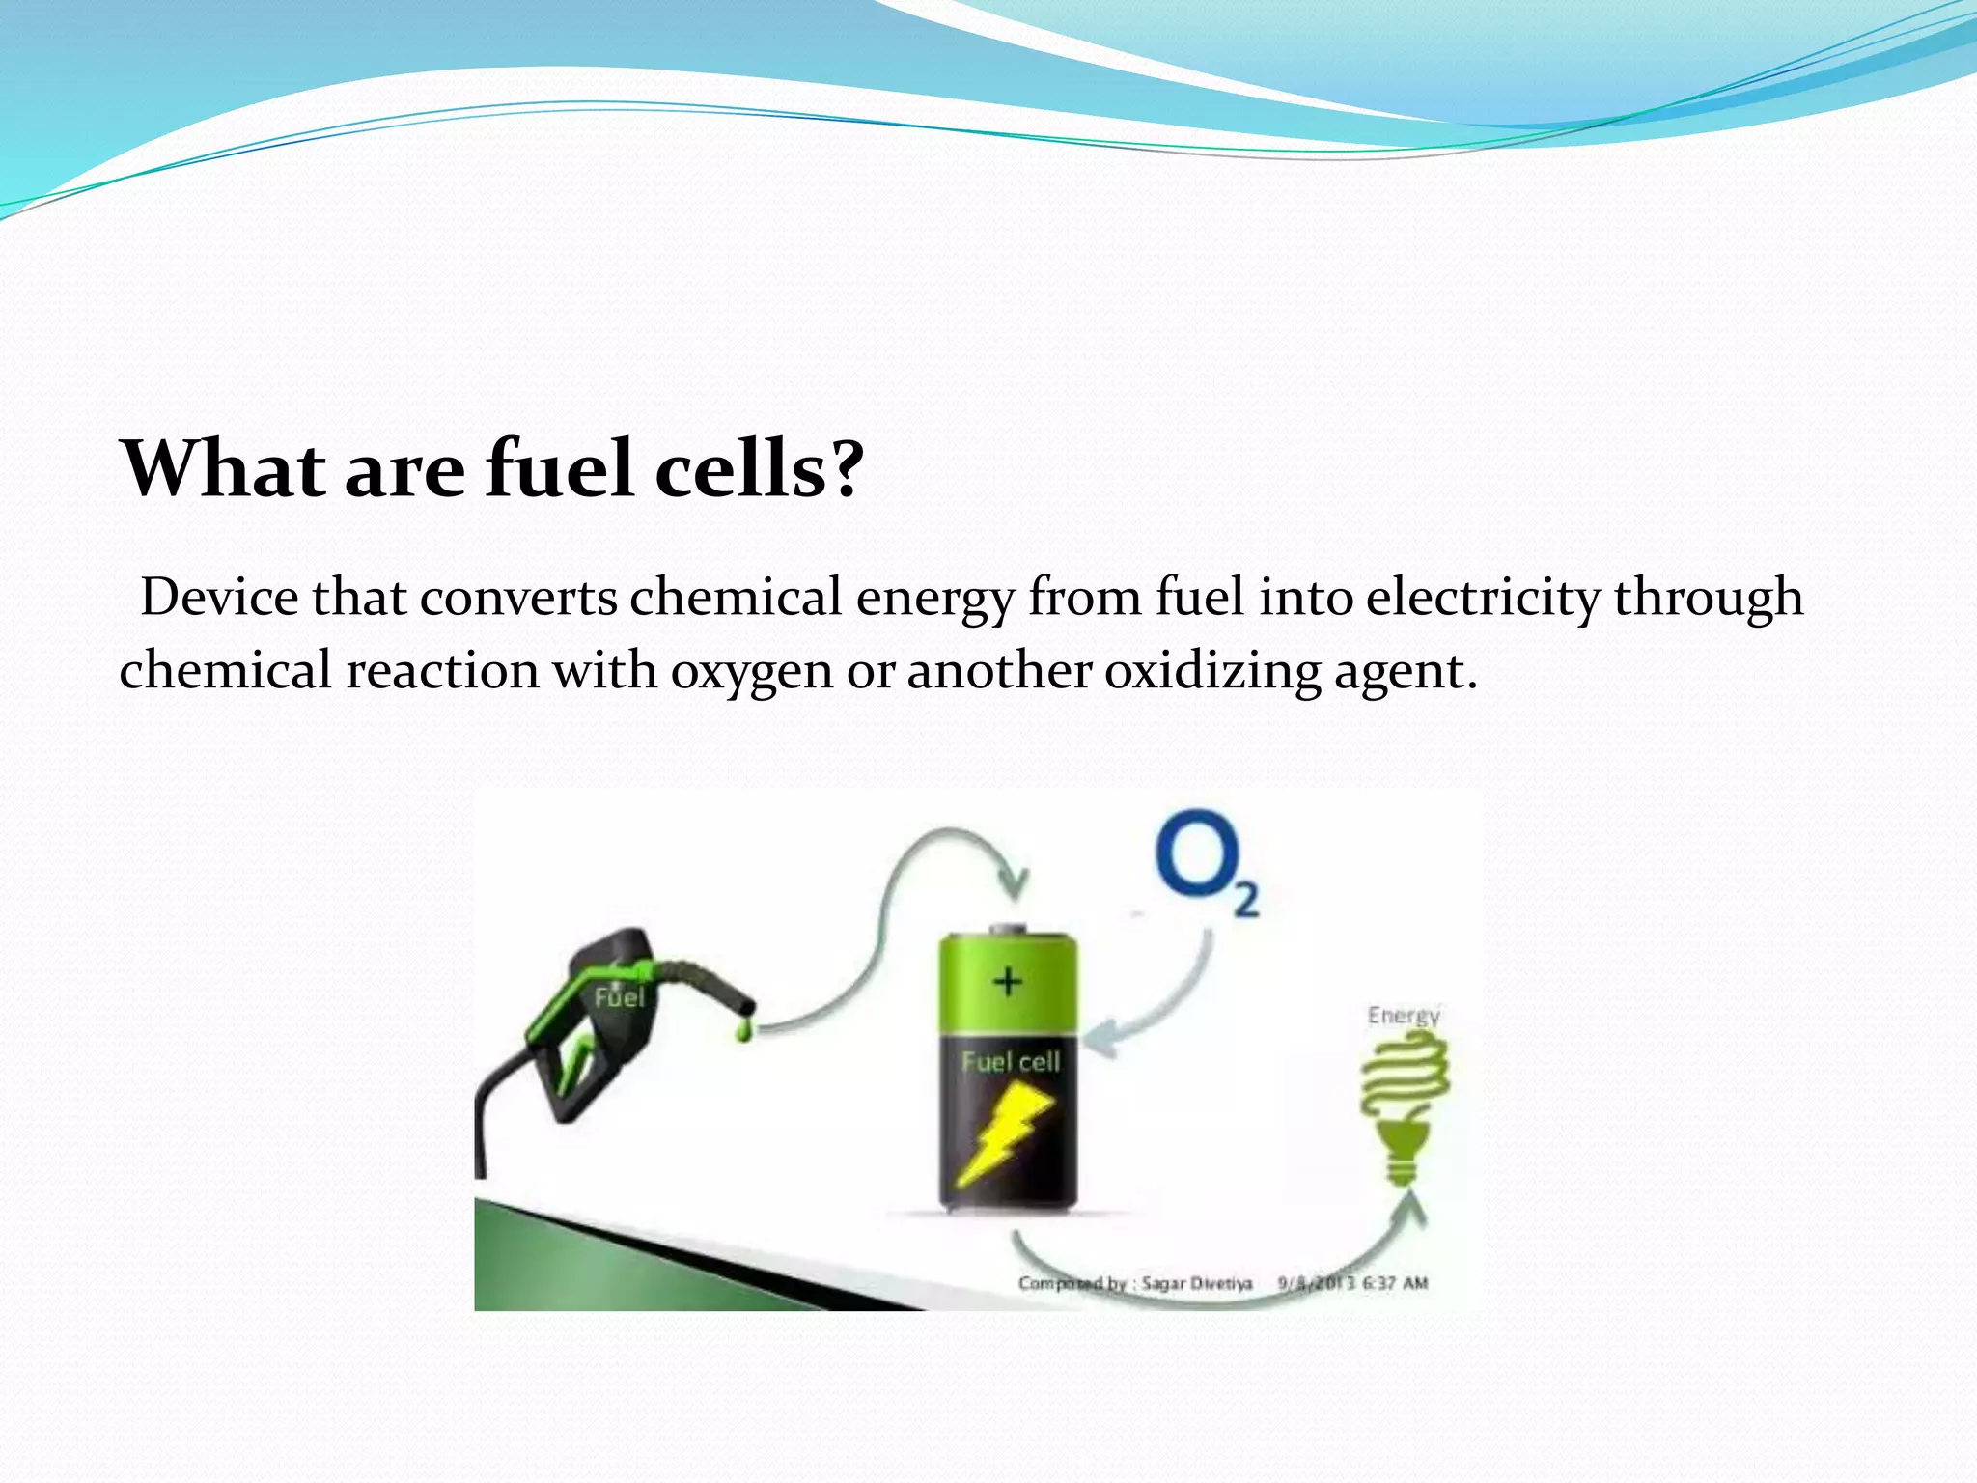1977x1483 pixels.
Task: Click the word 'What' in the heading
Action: coord(223,469)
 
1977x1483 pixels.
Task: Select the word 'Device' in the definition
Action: coord(219,597)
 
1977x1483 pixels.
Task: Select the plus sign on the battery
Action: coord(1008,982)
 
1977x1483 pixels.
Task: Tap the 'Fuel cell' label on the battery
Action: coord(1011,1062)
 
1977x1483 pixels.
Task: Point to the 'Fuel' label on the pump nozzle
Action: coord(619,996)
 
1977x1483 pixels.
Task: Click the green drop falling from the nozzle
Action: coord(744,1031)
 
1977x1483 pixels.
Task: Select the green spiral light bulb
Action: coord(1405,1101)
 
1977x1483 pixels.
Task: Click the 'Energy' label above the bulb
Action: coord(1404,1016)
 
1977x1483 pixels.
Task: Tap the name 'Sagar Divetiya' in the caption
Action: coord(1196,1283)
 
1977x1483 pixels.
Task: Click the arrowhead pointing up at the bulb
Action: coord(1412,1209)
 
